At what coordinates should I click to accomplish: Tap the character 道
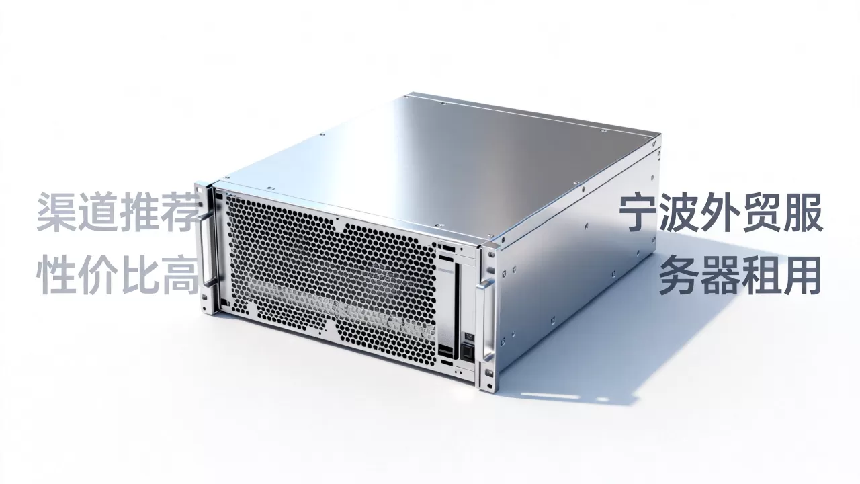click(98, 212)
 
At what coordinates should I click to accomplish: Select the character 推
click(139, 212)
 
